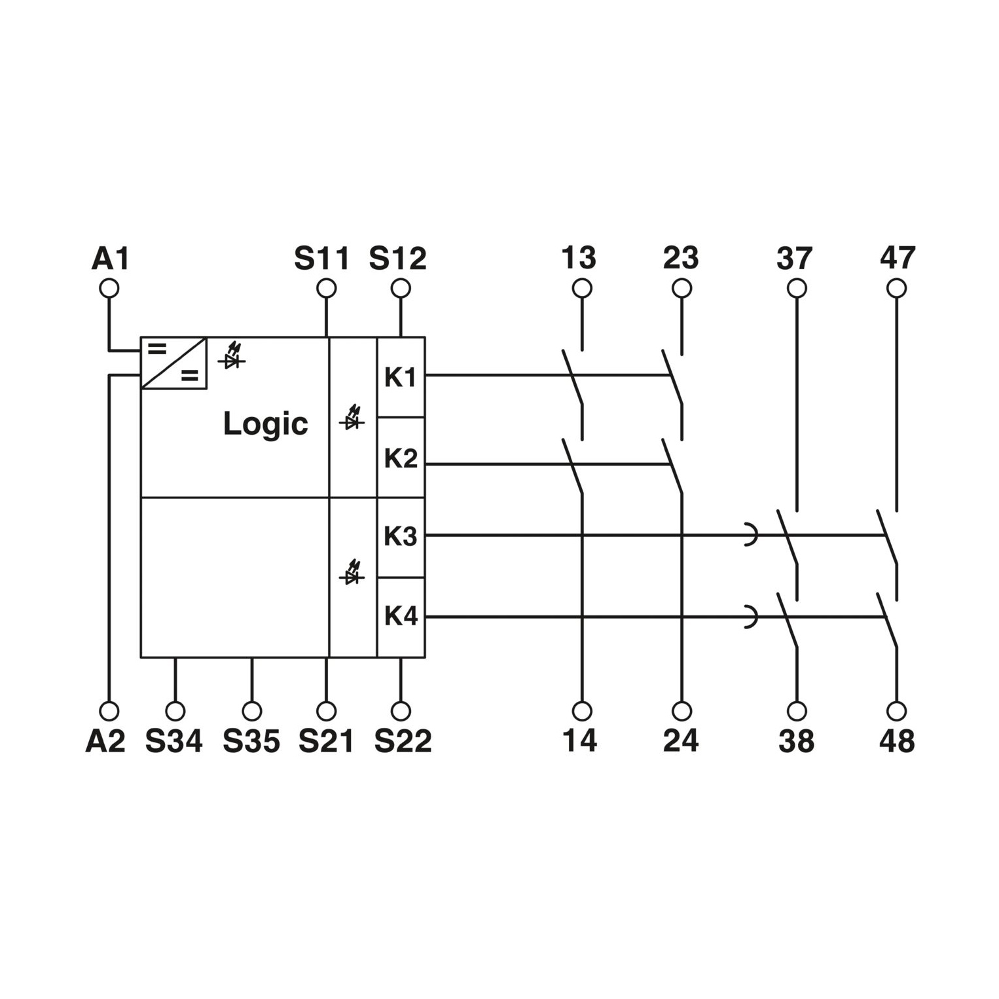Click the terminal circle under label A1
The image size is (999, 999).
click(109, 288)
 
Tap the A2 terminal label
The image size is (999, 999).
click(105, 741)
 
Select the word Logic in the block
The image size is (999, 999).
click(265, 424)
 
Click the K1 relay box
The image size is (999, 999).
click(401, 377)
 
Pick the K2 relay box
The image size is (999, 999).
click(401, 458)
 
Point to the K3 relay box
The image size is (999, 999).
click(401, 537)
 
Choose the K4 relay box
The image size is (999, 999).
click(401, 617)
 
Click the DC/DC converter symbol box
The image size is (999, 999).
click(173, 363)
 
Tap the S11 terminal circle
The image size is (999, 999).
click(326, 288)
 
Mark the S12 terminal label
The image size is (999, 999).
click(398, 259)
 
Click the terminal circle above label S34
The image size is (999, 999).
click(175, 711)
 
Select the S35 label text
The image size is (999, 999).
click(251, 741)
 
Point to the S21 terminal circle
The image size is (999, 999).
click(326, 711)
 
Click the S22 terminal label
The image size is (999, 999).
click(403, 741)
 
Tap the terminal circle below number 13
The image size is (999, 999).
click(582, 288)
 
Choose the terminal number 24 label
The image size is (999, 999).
click(681, 740)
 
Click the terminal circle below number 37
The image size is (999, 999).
click(797, 288)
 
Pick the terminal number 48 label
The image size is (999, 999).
click(897, 741)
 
